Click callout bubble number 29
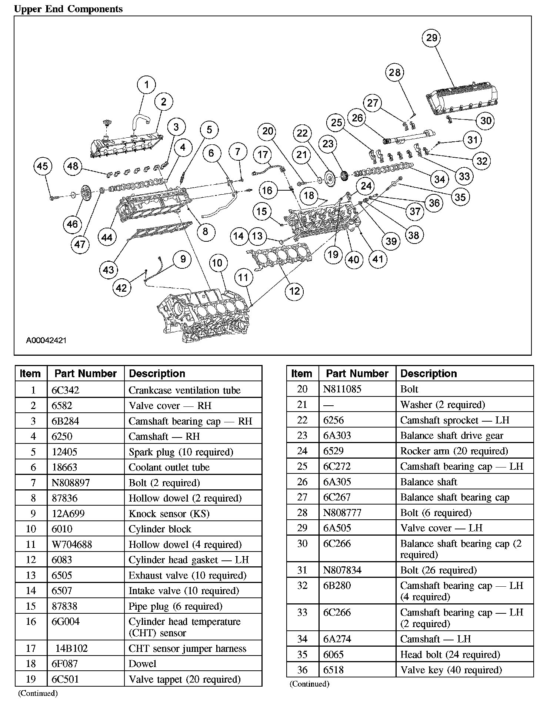click(x=432, y=38)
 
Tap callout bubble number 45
click(x=42, y=166)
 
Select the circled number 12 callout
click(x=294, y=291)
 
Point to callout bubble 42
click(x=121, y=288)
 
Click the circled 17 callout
click(x=263, y=155)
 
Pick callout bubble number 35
click(x=460, y=197)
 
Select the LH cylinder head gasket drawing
click(x=280, y=255)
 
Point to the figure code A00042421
click(x=46, y=340)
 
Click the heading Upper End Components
click(x=68, y=9)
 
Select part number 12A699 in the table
click(x=68, y=514)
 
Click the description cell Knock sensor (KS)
click(x=169, y=514)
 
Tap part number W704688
click(x=72, y=545)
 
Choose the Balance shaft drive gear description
click(x=451, y=436)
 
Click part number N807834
click(x=342, y=570)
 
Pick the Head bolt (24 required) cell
click(x=450, y=654)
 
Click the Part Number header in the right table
click(x=357, y=373)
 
